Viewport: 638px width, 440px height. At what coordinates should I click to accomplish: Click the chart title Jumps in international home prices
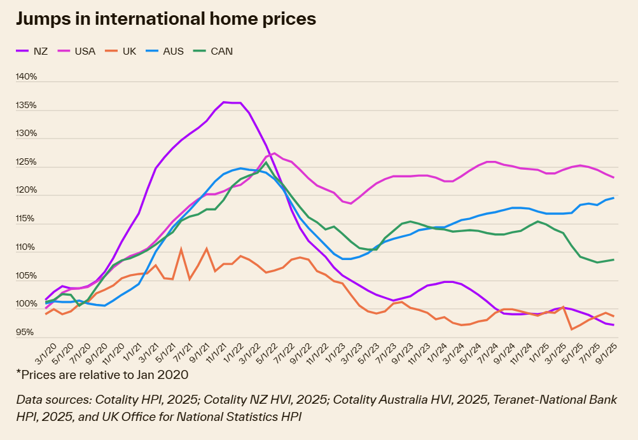pyautogui.click(x=165, y=19)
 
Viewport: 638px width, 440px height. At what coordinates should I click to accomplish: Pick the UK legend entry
pyautogui.click(x=129, y=51)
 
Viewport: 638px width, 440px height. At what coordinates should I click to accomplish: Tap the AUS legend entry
pyautogui.click(x=172, y=51)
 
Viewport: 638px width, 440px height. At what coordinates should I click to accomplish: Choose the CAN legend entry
pyautogui.click(x=221, y=51)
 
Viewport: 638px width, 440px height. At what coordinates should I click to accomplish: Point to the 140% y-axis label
pyautogui.click(x=26, y=77)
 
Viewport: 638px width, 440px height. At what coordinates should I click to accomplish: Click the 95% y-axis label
pyautogui.click(x=26, y=333)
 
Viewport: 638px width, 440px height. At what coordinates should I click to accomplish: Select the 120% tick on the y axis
pyautogui.click(x=26, y=191)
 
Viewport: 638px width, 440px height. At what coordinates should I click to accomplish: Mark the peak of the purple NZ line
pyautogui.click(x=224, y=102)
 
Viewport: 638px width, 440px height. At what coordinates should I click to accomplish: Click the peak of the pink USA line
pyautogui.click(x=274, y=153)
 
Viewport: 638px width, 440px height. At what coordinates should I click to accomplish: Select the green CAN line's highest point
pyautogui.click(x=266, y=163)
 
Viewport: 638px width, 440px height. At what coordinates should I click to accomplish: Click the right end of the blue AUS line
pyautogui.click(x=613, y=198)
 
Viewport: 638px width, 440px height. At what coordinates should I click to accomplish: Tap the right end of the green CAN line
pyautogui.click(x=613, y=259)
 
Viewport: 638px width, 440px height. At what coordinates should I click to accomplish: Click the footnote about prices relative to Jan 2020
pyautogui.click(x=102, y=375)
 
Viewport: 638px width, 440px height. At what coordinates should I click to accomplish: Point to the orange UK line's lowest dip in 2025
pyautogui.click(x=572, y=329)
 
